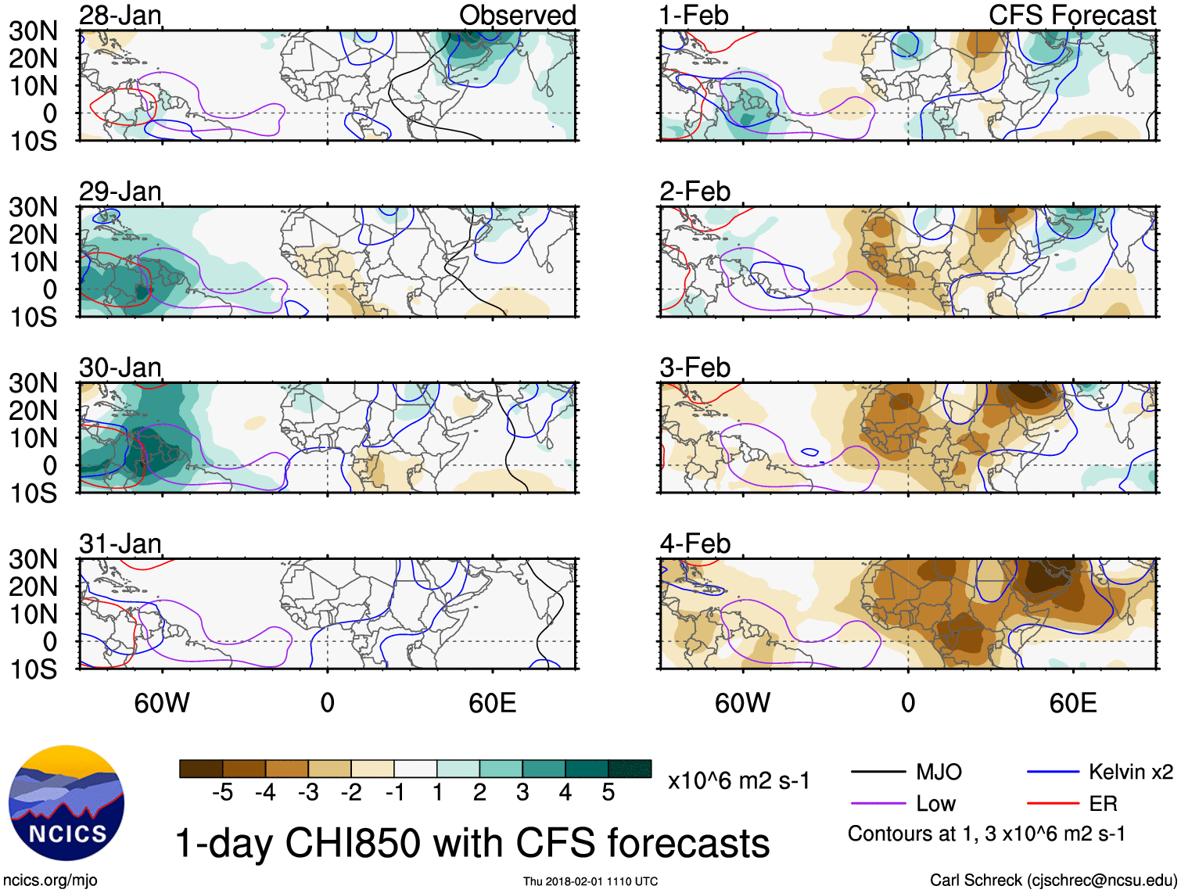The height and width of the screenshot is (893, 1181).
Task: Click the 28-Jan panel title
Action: pos(120,16)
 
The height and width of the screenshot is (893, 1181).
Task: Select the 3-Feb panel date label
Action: pos(695,368)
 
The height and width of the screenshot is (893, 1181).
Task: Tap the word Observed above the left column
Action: pos(517,16)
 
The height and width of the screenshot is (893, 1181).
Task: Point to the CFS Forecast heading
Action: pos(1072,16)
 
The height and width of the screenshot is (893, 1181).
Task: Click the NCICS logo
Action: pos(66,803)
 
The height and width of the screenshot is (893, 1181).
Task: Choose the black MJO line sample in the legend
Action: pos(878,773)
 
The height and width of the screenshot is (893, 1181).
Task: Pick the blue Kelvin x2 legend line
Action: pos(1053,773)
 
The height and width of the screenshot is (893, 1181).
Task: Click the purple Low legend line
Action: pos(878,804)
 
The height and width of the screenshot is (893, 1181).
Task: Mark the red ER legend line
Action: pos(1053,804)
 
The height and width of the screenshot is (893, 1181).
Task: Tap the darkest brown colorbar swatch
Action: pos(201,769)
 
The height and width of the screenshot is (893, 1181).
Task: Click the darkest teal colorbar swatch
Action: pos(630,769)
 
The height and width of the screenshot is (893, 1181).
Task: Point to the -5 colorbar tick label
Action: pos(222,793)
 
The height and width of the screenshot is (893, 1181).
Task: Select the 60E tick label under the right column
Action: pos(1072,703)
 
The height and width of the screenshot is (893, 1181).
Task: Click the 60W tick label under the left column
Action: pos(162,703)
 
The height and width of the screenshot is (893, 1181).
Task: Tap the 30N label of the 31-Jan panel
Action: pos(33,560)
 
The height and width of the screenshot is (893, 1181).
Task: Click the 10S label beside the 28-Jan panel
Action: pos(33,142)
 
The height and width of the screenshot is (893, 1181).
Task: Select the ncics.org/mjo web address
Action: pos(50,880)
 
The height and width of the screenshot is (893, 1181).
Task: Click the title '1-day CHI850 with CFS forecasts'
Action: pos(472,844)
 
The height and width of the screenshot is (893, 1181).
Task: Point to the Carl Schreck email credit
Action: pos(1053,880)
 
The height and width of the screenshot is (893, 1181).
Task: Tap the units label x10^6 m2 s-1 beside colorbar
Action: pos(739,781)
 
